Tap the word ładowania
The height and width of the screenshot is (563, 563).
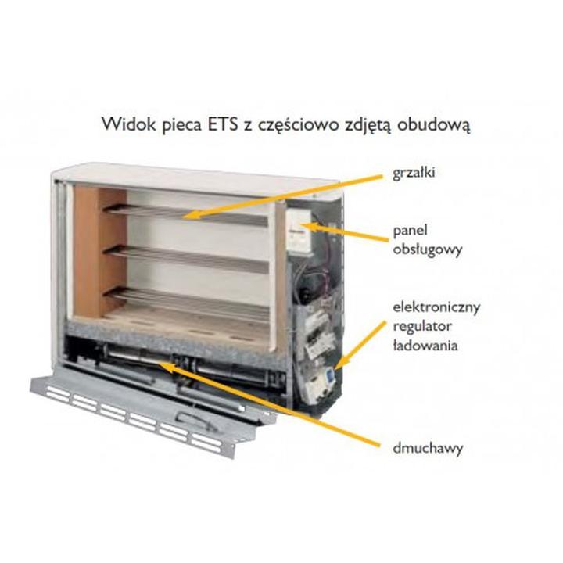tap(424, 344)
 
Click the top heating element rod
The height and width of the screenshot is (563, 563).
tap(195, 213)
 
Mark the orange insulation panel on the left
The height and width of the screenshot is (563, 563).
tap(99, 250)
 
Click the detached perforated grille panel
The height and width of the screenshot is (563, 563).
tap(149, 411)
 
